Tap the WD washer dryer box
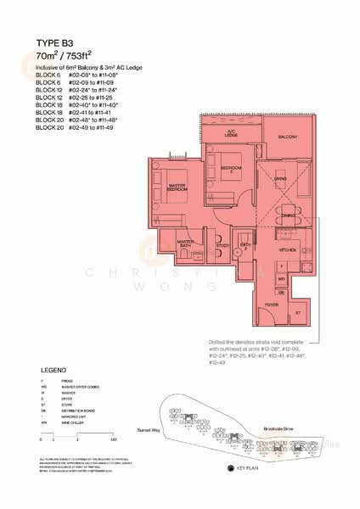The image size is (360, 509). (x=282, y=278)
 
